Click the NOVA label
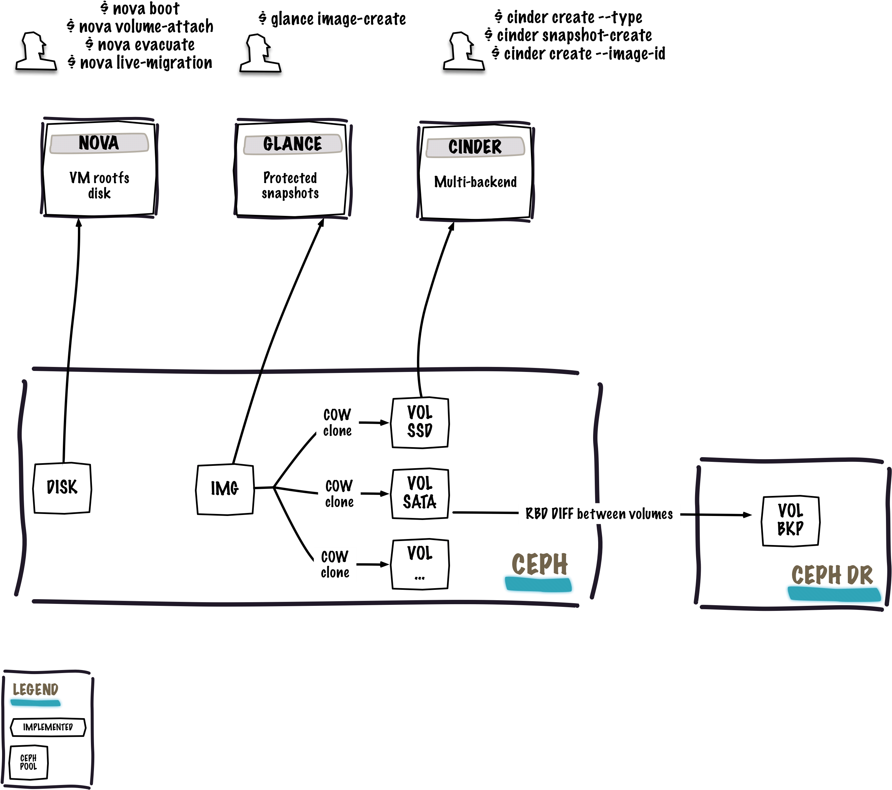click(x=99, y=143)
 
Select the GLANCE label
click(x=293, y=144)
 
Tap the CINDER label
click(x=475, y=147)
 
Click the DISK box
click(x=62, y=488)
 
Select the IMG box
click(x=225, y=489)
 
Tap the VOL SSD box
click(x=420, y=422)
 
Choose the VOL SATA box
click(x=420, y=493)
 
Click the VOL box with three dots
click(x=420, y=564)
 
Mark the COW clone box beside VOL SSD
click(x=337, y=423)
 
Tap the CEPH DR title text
click(x=832, y=574)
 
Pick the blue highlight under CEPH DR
click(x=834, y=594)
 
